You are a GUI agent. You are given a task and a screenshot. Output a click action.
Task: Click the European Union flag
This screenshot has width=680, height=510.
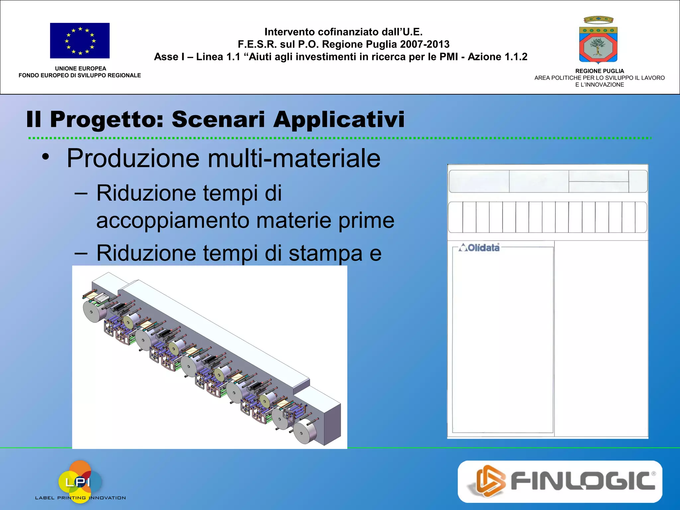[80, 41]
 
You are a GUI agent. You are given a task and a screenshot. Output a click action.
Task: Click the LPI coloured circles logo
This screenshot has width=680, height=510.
[80, 480]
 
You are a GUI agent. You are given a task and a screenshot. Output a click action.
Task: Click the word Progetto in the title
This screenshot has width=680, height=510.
[107, 120]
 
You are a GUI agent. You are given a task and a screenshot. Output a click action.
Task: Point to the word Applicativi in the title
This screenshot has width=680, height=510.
[339, 120]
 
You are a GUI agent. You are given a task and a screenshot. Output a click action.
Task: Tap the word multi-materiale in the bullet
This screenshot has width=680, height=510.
[294, 158]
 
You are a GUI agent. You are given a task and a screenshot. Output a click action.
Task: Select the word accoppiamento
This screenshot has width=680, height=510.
[173, 220]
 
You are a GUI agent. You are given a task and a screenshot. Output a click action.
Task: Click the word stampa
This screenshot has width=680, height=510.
[325, 253]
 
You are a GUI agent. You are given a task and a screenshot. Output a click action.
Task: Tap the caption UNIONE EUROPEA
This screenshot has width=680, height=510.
[80, 68]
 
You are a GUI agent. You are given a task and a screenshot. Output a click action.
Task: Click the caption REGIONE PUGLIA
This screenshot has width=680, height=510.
[599, 71]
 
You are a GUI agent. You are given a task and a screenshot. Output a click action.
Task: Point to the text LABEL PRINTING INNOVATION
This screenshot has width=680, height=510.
[80, 498]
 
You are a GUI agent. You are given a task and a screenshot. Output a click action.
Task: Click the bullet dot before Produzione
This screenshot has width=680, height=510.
[45, 157]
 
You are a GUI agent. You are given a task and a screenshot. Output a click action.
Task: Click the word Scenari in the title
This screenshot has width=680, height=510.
[218, 120]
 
